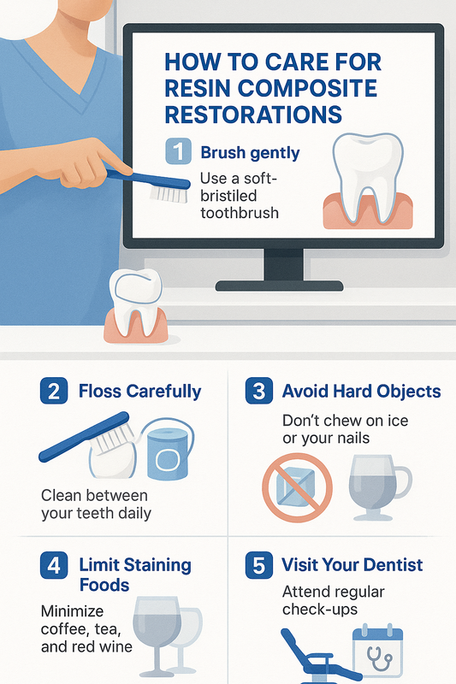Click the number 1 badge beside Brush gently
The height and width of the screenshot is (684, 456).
click(x=179, y=151)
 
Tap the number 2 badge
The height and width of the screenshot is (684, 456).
click(x=54, y=391)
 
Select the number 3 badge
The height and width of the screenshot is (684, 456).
click(x=259, y=391)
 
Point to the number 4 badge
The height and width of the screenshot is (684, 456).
click(x=54, y=565)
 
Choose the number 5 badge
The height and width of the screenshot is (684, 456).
click(x=259, y=565)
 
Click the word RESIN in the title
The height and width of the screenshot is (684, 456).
click(x=198, y=88)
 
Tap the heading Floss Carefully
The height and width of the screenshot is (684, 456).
click(x=140, y=392)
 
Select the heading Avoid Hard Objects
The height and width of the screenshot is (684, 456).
click(x=361, y=392)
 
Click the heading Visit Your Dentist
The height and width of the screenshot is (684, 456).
click(x=352, y=565)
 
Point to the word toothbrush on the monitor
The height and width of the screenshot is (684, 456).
click(x=240, y=213)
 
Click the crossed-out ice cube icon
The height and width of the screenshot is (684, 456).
click(x=297, y=487)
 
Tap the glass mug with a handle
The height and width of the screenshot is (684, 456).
click(x=379, y=487)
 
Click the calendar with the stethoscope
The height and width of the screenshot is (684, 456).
click(x=377, y=652)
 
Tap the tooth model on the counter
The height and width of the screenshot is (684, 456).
click(x=136, y=305)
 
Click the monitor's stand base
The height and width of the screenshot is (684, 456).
click(x=279, y=286)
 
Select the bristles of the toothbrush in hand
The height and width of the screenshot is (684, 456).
click(x=169, y=194)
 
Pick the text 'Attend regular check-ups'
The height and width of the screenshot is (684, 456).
click(x=334, y=600)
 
